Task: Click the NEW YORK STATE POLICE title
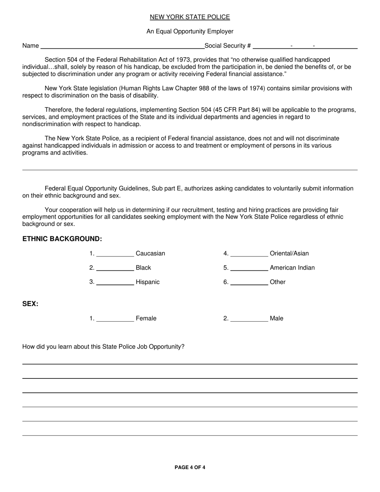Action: [x=190, y=17]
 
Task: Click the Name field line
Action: [x=122, y=46]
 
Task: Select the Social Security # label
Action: [x=228, y=46]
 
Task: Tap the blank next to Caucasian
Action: [x=115, y=253]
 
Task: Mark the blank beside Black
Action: [x=115, y=268]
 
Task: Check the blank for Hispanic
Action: [x=115, y=282]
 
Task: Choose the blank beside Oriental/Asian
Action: [x=249, y=253]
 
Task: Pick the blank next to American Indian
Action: [x=249, y=268]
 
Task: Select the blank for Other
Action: [x=249, y=282]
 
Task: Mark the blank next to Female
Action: [x=115, y=318]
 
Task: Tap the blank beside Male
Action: [x=249, y=318]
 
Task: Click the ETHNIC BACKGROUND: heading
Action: [x=62, y=239]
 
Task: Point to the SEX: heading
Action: [x=30, y=304]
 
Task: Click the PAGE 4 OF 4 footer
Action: [x=190, y=467]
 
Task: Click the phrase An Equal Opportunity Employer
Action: [x=190, y=31]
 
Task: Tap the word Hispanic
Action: [x=148, y=282]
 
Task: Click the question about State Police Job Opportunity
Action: [x=103, y=347]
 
